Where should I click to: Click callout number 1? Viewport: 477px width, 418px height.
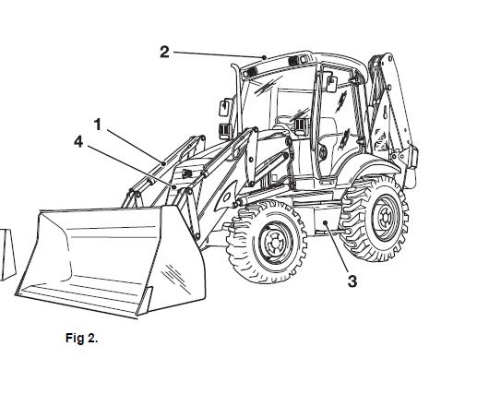tap(98, 125)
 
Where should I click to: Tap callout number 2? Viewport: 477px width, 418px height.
tap(164, 52)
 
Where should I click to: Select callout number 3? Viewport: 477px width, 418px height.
tap(352, 281)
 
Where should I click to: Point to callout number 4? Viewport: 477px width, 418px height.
tap(78, 142)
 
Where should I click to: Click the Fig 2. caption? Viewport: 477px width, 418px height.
tap(82, 338)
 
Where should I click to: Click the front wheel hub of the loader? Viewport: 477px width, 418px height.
tap(274, 244)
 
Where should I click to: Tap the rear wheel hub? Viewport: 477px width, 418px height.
tap(385, 218)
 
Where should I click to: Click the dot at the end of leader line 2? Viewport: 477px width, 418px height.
tap(264, 57)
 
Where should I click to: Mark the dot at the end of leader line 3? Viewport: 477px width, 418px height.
tap(326, 222)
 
